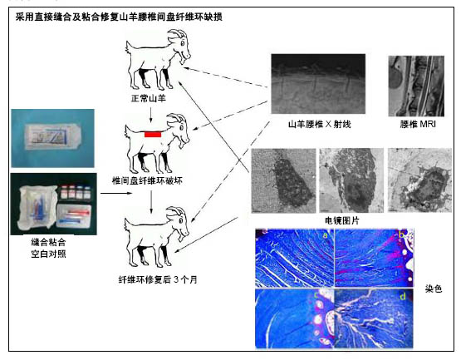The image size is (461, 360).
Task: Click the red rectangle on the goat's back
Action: point(153,134)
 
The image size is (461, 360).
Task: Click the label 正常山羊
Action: point(149,98)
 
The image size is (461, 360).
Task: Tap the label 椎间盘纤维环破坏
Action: point(147,180)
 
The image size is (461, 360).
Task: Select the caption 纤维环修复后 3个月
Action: point(158,279)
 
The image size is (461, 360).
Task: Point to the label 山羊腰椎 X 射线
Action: point(319,124)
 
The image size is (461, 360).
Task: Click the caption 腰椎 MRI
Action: point(418,124)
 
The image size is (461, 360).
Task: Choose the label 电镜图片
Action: point(342,220)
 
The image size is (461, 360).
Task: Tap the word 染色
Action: point(434,288)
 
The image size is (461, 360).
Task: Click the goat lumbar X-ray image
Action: point(318,84)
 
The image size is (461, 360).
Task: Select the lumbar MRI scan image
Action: point(416,86)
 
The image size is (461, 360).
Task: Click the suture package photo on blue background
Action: point(53,138)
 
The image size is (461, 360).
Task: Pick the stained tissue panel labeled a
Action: point(295,258)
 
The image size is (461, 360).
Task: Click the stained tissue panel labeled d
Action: point(374,318)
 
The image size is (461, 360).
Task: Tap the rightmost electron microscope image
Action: point(419,180)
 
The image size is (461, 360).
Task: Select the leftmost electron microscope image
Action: point(284,180)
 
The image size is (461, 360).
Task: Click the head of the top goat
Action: point(179,47)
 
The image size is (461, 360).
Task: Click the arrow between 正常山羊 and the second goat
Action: point(151,115)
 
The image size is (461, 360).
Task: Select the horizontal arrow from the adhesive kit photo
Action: point(116,193)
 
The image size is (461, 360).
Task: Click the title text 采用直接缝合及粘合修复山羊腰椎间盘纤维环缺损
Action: point(119,17)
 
